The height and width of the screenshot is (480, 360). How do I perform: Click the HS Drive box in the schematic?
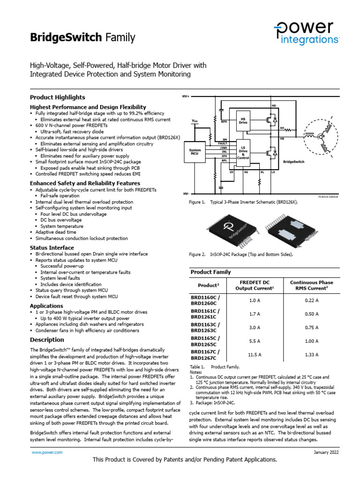[x=243, y=120]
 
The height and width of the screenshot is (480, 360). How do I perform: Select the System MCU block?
[x=195, y=152]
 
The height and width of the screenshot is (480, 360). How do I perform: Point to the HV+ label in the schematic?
[x=185, y=96]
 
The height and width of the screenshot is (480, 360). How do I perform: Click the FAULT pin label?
[x=223, y=144]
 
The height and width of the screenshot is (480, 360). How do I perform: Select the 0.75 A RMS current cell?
[x=311, y=328]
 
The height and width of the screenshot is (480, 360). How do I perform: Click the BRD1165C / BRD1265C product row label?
[x=204, y=341]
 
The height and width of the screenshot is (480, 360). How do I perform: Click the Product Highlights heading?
[x=58, y=97]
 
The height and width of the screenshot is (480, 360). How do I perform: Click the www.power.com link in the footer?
[x=47, y=452]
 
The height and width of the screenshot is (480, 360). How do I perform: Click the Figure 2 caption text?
[x=241, y=255]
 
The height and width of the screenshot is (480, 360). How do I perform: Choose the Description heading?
[x=47, y=339]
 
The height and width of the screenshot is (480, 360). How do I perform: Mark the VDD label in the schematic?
[x=195, y=121]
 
